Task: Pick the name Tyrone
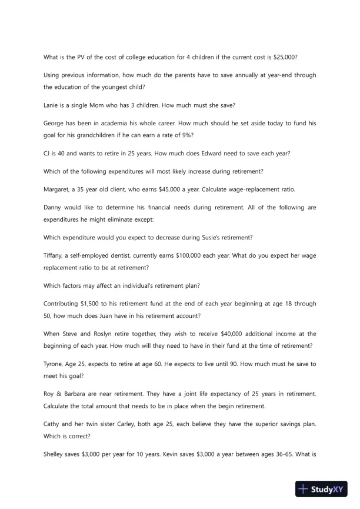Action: coord(55,364)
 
